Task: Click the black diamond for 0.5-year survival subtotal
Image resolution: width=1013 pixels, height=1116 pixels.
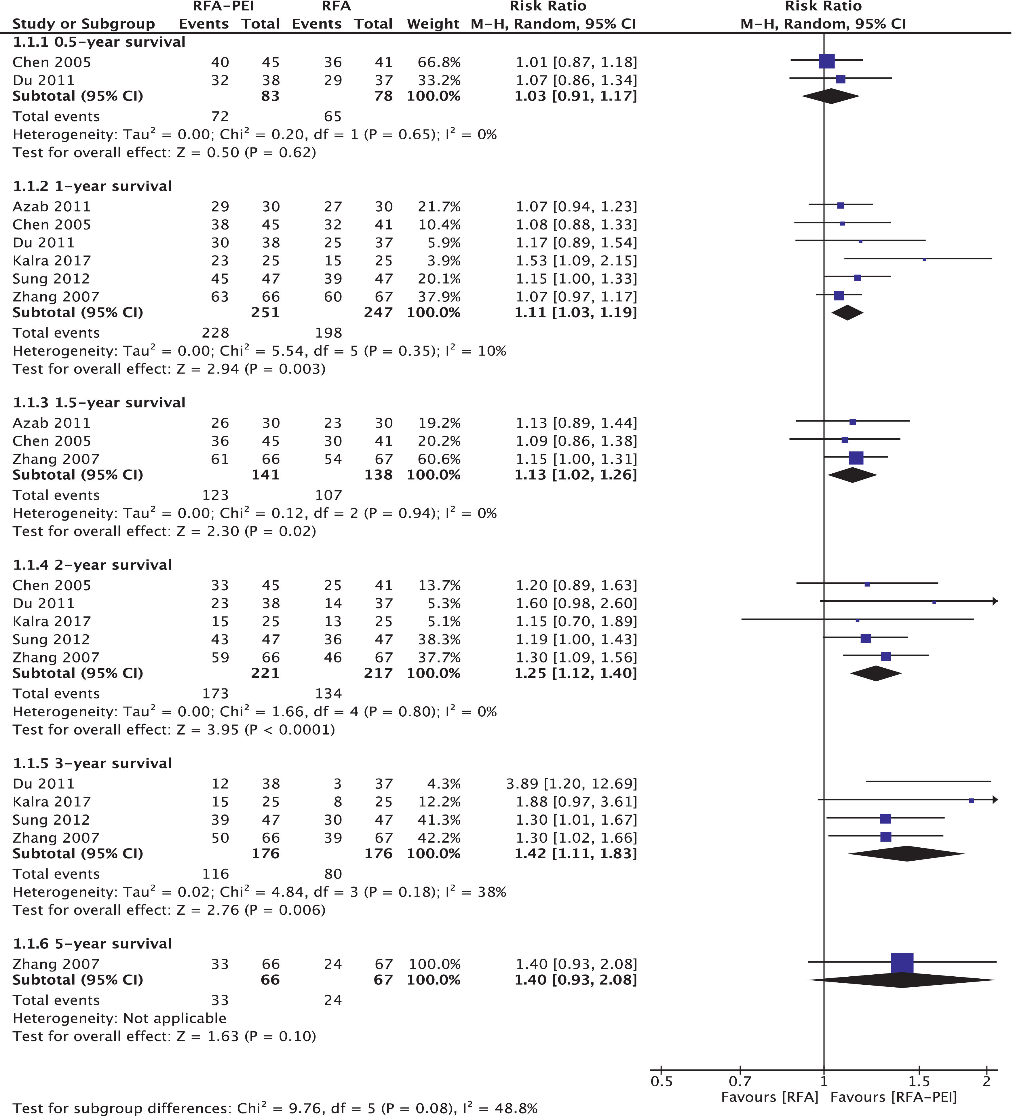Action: click(x=830, y=96)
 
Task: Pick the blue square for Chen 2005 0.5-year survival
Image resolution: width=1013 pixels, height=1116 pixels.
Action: click(x=826, y=61)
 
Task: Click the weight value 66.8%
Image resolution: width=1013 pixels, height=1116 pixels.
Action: click(x=439, y=62)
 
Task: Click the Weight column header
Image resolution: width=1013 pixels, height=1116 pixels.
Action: click(x=433, y=24)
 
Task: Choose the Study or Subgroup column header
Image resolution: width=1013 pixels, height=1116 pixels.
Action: click(x=83, y=24)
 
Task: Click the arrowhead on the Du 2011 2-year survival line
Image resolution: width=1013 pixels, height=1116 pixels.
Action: click(x=995, y=601)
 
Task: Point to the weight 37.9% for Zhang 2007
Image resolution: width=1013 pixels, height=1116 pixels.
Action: click(x=439, y=297)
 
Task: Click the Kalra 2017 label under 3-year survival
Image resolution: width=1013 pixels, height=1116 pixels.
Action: click(x=52, y=802)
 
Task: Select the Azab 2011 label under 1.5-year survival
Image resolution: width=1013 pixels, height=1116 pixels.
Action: click(x=52, y=423)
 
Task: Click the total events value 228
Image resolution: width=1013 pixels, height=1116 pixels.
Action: click(x=215, y=333)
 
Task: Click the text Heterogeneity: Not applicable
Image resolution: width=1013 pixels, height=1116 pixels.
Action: click(x=119, y=1018)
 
